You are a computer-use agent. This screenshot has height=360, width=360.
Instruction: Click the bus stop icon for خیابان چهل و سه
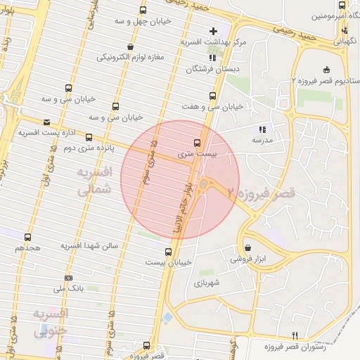143,11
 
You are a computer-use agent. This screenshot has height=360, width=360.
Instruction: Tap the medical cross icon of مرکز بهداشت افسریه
214,32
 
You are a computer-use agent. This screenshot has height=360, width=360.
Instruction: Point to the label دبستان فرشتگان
209,70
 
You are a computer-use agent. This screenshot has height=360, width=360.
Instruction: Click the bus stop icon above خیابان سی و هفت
212,96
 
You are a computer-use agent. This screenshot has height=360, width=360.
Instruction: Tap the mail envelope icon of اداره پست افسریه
46,121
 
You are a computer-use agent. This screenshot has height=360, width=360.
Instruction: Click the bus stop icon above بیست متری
196,141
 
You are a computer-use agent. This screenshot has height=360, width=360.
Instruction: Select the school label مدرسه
262,140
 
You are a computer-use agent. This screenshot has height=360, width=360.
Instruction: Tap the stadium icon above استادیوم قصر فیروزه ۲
325,70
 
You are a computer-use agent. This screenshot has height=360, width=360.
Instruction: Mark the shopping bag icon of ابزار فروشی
248,247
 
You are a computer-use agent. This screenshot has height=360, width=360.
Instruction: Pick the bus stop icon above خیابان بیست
168,251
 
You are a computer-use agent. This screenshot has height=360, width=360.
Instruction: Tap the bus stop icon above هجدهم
27,238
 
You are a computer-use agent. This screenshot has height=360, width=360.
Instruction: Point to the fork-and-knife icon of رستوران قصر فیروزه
295,335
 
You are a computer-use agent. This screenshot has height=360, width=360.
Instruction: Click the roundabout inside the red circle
204,184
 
